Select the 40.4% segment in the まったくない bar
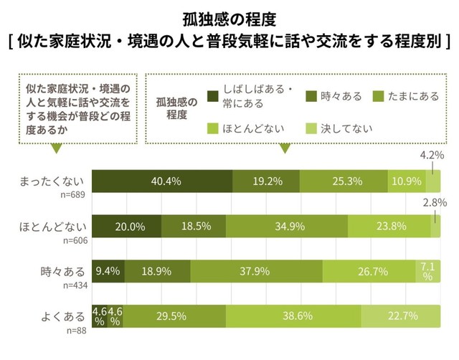164,182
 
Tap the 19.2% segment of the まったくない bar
266,182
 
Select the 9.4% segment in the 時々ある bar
111,271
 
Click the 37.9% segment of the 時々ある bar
256,271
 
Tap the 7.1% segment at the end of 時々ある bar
427,271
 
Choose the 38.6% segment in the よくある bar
293,316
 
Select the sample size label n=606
75,240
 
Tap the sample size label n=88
77,329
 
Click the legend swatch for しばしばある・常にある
212,96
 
